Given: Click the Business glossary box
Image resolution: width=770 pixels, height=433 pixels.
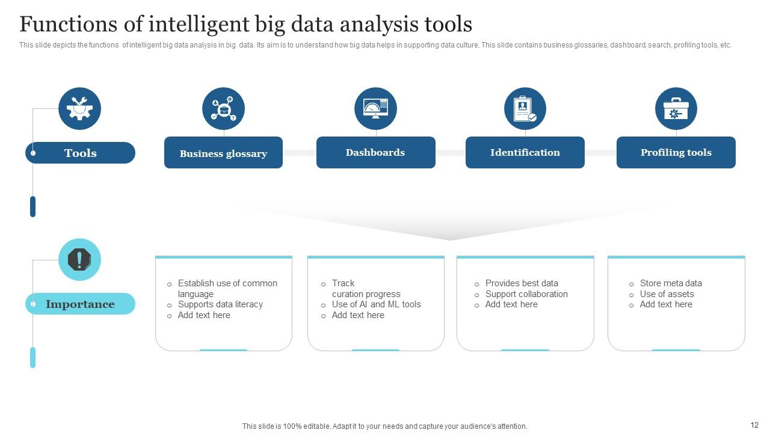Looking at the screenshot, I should click(x=223, y=153).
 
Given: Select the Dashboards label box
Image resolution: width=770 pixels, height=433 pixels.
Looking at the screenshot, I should click(x=375, y=152).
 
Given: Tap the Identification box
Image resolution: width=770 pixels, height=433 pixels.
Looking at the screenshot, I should click(x=525, y=152).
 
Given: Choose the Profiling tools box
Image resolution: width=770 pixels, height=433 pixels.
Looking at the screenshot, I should click(x=676, y=152).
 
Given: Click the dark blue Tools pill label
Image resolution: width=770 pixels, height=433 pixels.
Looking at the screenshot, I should click(x=80, y=153).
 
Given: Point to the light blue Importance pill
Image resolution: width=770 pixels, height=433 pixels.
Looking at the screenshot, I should click(x=80, y=304).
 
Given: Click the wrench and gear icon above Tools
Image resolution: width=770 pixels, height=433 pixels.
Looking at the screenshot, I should click(x=79, y=109).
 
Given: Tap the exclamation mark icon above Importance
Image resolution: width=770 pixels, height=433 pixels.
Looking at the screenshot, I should click(x=79, y=260).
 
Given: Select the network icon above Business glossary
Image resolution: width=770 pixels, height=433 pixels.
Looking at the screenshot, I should click(x=223, y=109).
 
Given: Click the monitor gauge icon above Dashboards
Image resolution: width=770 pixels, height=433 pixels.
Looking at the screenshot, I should click(x=375, y=109).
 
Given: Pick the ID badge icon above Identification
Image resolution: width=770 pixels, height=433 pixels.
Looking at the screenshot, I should click(x=525, y=109).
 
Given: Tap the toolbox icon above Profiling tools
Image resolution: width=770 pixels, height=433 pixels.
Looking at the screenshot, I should click(x=676, y=109).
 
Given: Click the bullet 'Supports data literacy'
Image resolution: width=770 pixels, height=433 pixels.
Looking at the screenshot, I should click(x=220, y=304).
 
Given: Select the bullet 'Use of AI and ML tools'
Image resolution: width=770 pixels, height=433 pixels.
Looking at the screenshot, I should click(x=376, y=304).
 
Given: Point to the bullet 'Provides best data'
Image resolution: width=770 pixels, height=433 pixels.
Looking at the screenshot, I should click(x=522, y=283).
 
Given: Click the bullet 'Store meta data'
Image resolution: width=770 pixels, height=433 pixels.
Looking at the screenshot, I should click(x=671, y=283).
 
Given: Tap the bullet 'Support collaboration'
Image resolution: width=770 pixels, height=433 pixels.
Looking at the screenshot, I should click(x=526, y=294).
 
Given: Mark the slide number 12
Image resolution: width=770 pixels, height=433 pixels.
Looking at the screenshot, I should click(x=754, y=425).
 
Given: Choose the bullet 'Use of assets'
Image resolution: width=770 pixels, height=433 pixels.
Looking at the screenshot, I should click(x=667, y=294).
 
